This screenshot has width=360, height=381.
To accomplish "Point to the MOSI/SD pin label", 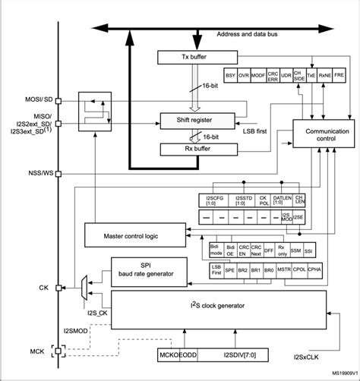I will click(29, 99).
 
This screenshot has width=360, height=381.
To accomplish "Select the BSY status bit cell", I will click(230, 76).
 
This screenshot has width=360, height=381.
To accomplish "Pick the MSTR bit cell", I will click(285, 269).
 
